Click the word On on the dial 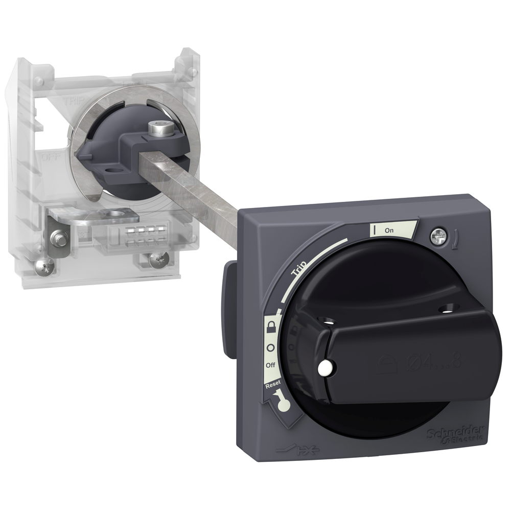[389, 230]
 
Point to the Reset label [272, 385]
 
